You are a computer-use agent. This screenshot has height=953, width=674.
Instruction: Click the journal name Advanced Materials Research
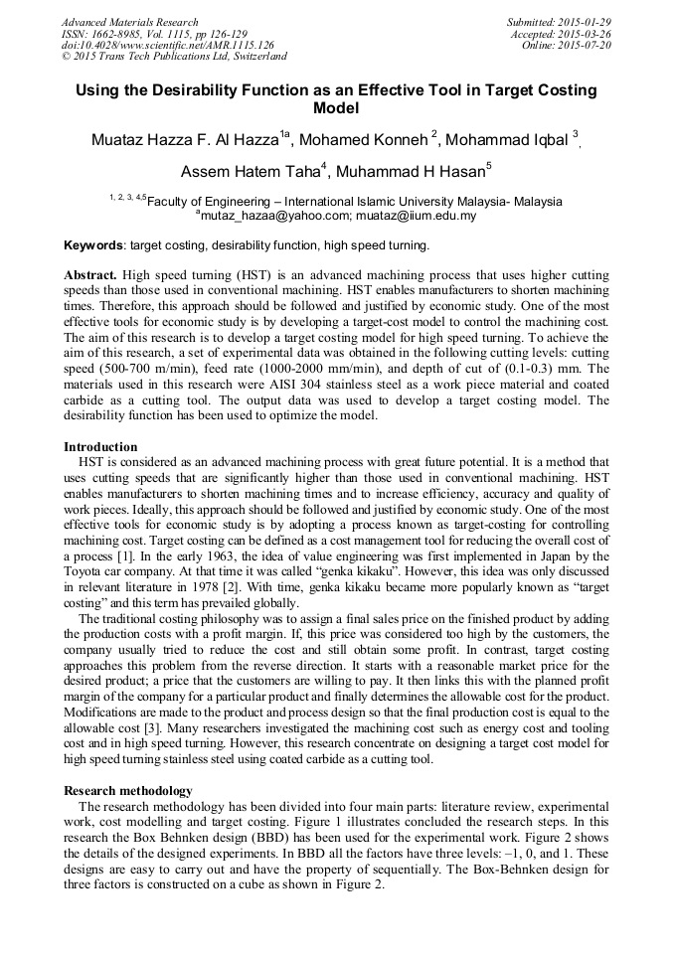129,22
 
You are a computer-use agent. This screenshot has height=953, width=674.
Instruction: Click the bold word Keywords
93,245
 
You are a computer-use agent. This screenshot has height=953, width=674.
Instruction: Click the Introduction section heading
100,447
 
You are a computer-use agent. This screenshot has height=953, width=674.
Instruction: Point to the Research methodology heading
128,790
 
